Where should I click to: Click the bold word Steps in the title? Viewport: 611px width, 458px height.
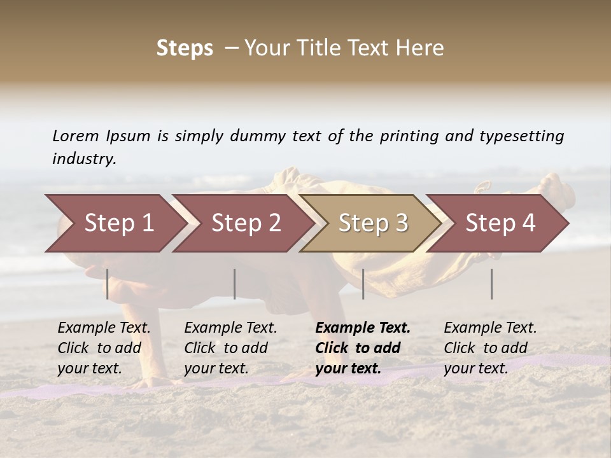(x=185, y=48)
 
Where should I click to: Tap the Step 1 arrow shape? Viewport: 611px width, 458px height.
(x=115, y=223)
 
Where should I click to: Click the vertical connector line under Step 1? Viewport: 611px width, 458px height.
(x=108, y=284)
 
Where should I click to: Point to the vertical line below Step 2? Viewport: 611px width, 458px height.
(x=235, y=284)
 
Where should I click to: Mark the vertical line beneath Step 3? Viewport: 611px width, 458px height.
(x=363, y=284)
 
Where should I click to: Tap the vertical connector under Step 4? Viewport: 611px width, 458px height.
(x=492, y=284)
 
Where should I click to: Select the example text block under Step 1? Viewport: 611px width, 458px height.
(x=104, y=348)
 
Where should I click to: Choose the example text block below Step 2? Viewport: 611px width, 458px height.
(x=230, y=348)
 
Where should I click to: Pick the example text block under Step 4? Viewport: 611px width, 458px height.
(x=490, y=348)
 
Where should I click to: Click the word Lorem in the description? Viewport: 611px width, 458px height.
(x=76, y=135)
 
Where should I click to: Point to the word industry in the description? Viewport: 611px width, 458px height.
(x=84, y=159)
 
